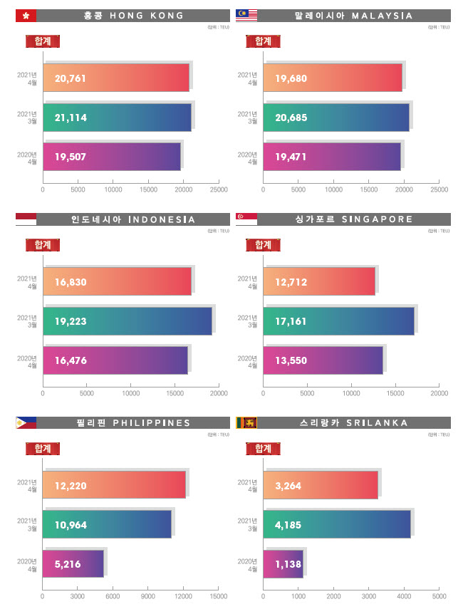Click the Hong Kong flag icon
tap(25, 15)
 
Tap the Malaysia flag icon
tap(246, 15)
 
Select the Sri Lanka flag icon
tap(246, 423)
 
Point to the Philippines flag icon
tap(26, 423)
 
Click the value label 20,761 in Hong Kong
tap(70, 78)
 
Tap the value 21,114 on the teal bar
tap(70, 118)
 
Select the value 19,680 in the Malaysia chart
tap(291, 78)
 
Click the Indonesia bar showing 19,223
tap(128, 321)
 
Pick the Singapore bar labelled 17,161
tap(338, 321)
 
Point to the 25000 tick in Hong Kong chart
tap(219, 189)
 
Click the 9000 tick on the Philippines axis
tap(148, 596)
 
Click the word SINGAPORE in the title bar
tap(379, 219)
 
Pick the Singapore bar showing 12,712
tap(319, 281)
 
